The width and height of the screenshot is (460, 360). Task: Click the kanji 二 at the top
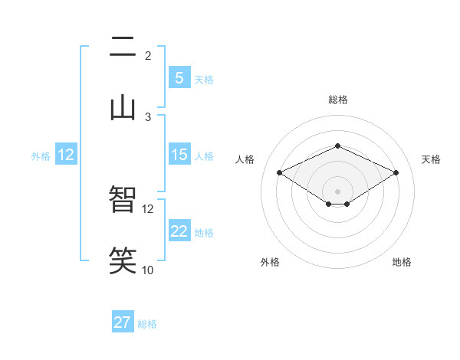click(123, 48)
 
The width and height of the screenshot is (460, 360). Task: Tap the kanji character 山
click(123, 107)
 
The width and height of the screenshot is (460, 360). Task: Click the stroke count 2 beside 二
click(147, 55)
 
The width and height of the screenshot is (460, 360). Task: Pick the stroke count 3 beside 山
click(148, 116)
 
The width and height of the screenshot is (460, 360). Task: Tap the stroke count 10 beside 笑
click(148, 270)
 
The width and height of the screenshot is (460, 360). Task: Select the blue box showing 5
click(179, 78)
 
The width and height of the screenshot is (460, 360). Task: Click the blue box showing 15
click(179, 155)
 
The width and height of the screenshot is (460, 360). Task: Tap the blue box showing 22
click(179, 231)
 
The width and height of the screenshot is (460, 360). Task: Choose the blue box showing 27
click(122, 322)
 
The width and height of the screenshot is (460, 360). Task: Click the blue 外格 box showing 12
click(66, 155)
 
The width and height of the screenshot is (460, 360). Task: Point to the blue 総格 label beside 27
click(147, 324)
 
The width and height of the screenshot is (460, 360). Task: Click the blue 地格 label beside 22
click(204, 233)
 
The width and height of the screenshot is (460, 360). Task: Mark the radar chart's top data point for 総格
click(337, 146)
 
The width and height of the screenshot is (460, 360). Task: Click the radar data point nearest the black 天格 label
click(396, 172)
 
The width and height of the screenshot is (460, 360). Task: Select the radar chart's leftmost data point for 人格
click(279, 172)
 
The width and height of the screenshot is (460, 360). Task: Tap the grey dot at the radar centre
click(337, 190)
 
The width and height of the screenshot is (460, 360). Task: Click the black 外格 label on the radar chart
click(270, 262)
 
